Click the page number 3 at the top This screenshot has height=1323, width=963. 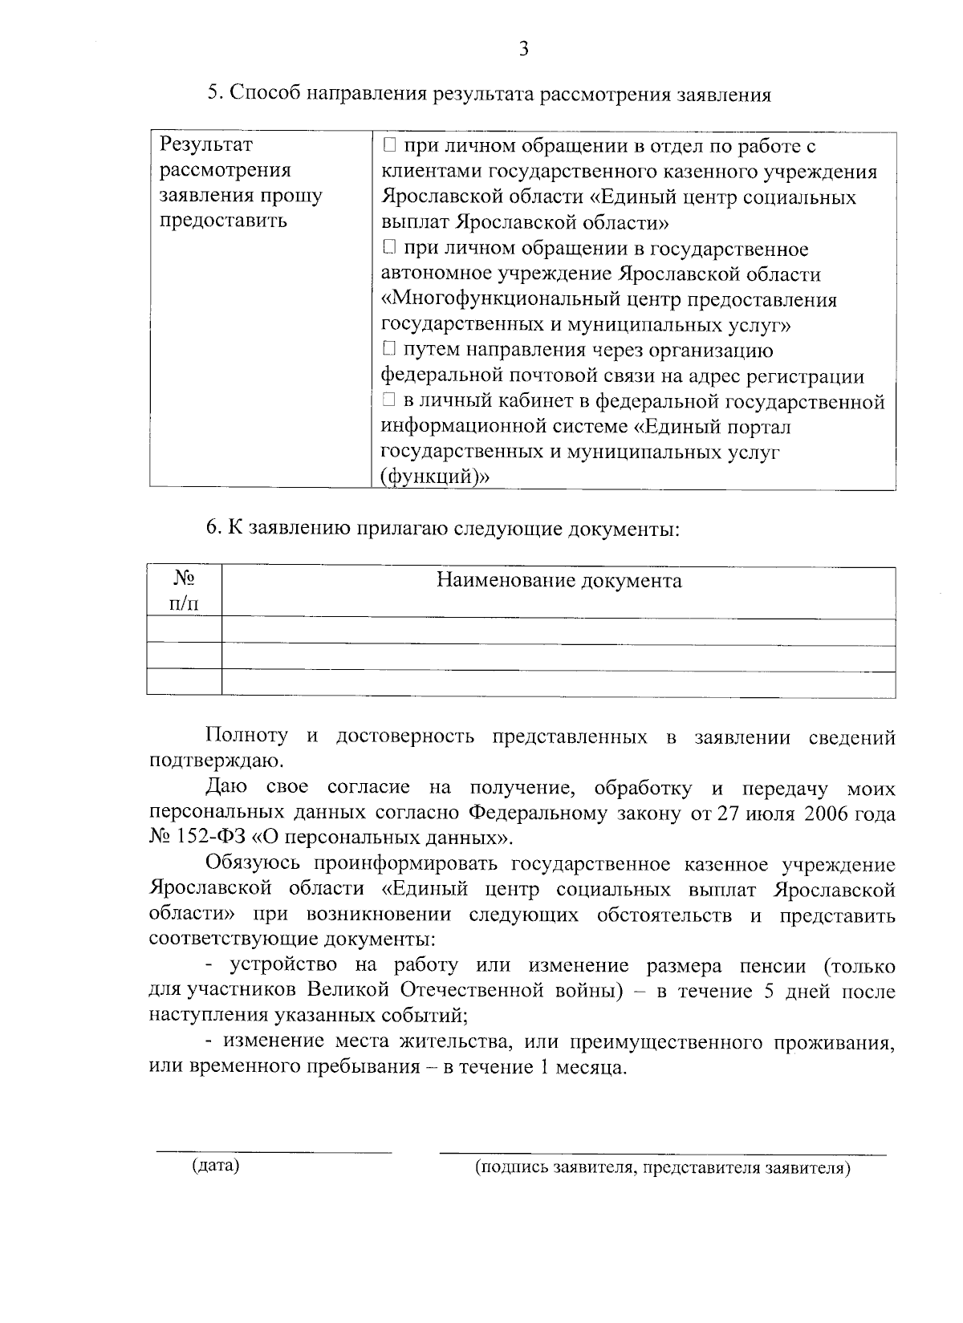click(x=523, y=50)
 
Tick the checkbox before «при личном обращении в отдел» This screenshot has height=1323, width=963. click(x=389, y=146)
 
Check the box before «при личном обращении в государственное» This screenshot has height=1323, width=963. click(x=389, y=249)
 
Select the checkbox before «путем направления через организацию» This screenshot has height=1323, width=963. click(x=389, y=350)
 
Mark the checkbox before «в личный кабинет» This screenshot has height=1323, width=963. click(x=389, y=401)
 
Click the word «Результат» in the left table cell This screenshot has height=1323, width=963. click(x=206, y=145)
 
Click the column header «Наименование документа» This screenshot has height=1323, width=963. click(x=559, y=581)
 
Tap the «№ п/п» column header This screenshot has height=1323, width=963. click(x=185, y=591)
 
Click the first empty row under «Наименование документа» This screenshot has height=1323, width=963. click(x=559, y=631)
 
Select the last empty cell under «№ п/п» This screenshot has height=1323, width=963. click(x=185, y=683)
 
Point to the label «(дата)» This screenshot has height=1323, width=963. click(x=215, y=1166)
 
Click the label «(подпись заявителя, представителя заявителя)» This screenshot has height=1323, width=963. click(x=662, y=1167)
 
